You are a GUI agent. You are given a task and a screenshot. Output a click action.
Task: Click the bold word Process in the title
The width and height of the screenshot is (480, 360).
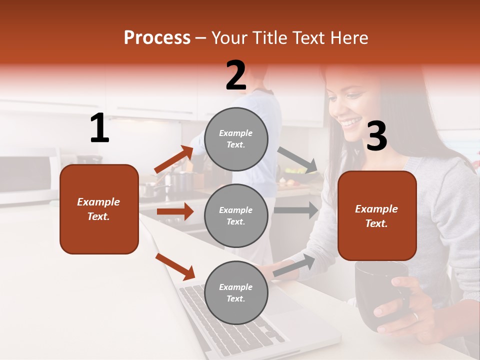coord(157,38)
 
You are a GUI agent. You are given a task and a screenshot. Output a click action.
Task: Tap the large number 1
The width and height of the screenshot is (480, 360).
coord(99,128)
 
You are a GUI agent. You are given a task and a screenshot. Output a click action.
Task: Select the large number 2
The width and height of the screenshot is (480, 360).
coord(236,75)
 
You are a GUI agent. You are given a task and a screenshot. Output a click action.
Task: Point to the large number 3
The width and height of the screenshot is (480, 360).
coord(376,136)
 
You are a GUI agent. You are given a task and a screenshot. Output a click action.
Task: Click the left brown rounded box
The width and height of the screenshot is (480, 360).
coord(99,209)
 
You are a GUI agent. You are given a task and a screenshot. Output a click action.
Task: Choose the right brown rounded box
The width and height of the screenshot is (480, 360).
coord(377,216)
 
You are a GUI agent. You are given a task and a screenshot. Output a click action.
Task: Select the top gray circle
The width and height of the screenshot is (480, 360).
coord(236,139)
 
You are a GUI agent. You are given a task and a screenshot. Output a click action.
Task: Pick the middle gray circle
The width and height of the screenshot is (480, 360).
coord(236,215)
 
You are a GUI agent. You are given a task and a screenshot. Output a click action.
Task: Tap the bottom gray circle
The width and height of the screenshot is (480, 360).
coord(236,292)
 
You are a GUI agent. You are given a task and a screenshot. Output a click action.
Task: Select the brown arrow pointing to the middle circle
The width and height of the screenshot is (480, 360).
coord(175,211)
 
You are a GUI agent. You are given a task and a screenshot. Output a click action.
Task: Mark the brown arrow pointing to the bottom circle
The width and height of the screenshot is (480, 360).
coord(175,266)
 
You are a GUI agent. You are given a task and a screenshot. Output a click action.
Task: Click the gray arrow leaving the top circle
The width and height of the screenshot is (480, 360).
coord(297,160)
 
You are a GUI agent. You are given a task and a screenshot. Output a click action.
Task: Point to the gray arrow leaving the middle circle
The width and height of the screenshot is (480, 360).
coord(296,210)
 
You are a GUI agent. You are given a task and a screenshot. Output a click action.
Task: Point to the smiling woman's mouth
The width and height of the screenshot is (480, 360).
coord(352,121)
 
